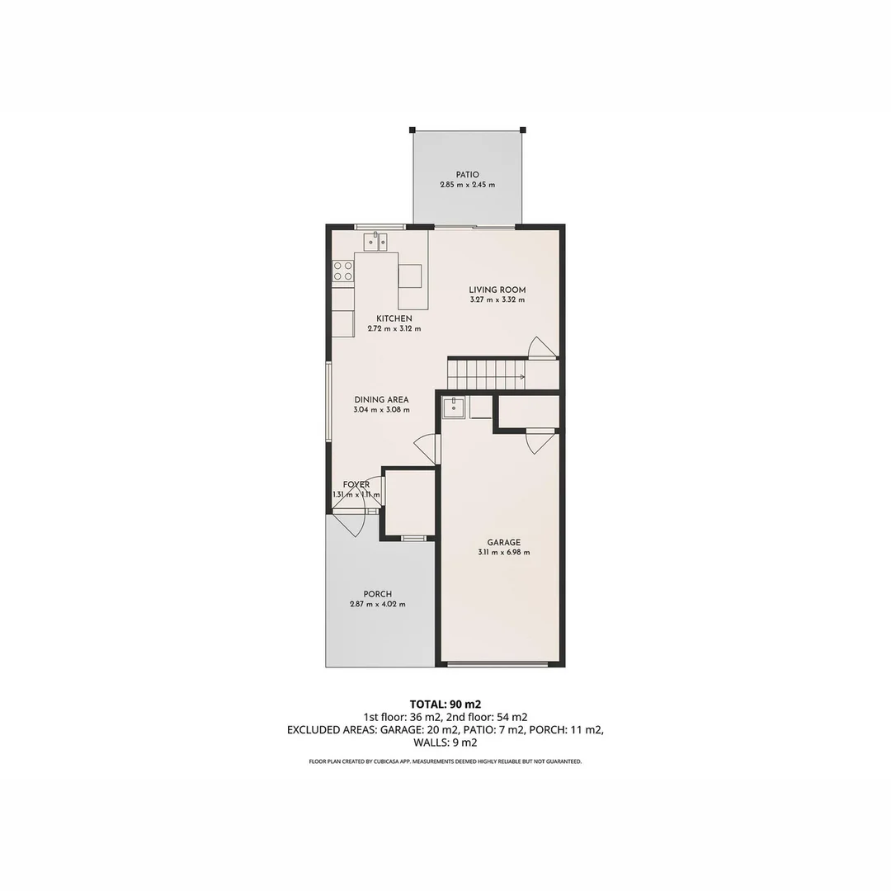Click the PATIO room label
[x=467, y=175]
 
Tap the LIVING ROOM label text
[x=497, y=290]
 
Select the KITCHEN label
[x=394, y=318]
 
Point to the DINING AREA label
[x=381, y=400]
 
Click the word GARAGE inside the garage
[x=503, y=542]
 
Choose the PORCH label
[x=377, y=594]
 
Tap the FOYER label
[x=356, y=485]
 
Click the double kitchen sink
[x=376, y=242]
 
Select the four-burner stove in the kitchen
[x=343, y=271]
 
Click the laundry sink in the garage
[x=454, y=407]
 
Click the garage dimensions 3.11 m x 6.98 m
[x=503, y=553]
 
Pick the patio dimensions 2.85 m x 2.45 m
[x=467, y=186]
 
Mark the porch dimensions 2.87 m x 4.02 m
[x=377, y=605]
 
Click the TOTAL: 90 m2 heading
[x=445, y=704]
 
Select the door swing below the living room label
[x=542, y=348]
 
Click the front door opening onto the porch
[x=351, y=523]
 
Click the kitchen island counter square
[x=410, y=276]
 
